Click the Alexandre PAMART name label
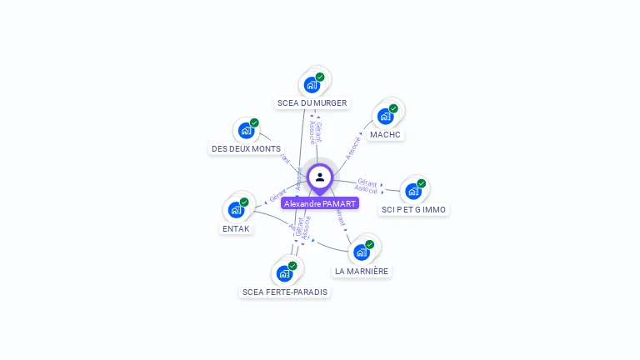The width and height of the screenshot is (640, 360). [320, 203]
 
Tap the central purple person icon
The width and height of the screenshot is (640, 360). [320, 177]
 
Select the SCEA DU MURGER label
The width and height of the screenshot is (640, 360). [312, 103]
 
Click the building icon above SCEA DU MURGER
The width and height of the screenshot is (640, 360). [312, 85]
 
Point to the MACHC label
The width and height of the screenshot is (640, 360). [386, 134]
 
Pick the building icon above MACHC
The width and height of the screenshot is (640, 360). [385, 116]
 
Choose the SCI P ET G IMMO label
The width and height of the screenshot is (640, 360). [413, 210]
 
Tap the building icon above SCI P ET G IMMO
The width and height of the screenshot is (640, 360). [413, 192]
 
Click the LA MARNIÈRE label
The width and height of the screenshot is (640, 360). [362, 271]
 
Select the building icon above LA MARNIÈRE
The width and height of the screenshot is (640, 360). [361, 252]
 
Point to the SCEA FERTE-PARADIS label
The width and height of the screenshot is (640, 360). [285, 292]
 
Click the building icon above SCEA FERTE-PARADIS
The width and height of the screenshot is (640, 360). [284, 273]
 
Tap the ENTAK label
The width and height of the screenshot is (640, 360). [236, 228]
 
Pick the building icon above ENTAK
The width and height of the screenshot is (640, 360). [236, 210]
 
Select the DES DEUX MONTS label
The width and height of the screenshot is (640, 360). [246, 149]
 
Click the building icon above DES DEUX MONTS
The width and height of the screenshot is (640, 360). [246, 131]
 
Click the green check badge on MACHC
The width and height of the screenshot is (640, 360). [393, 108]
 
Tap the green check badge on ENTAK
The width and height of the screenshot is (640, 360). [244, 202]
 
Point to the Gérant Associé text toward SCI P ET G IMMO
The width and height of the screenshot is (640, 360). [367, 186]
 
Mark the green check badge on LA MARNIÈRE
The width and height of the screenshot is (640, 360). [369, 245]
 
